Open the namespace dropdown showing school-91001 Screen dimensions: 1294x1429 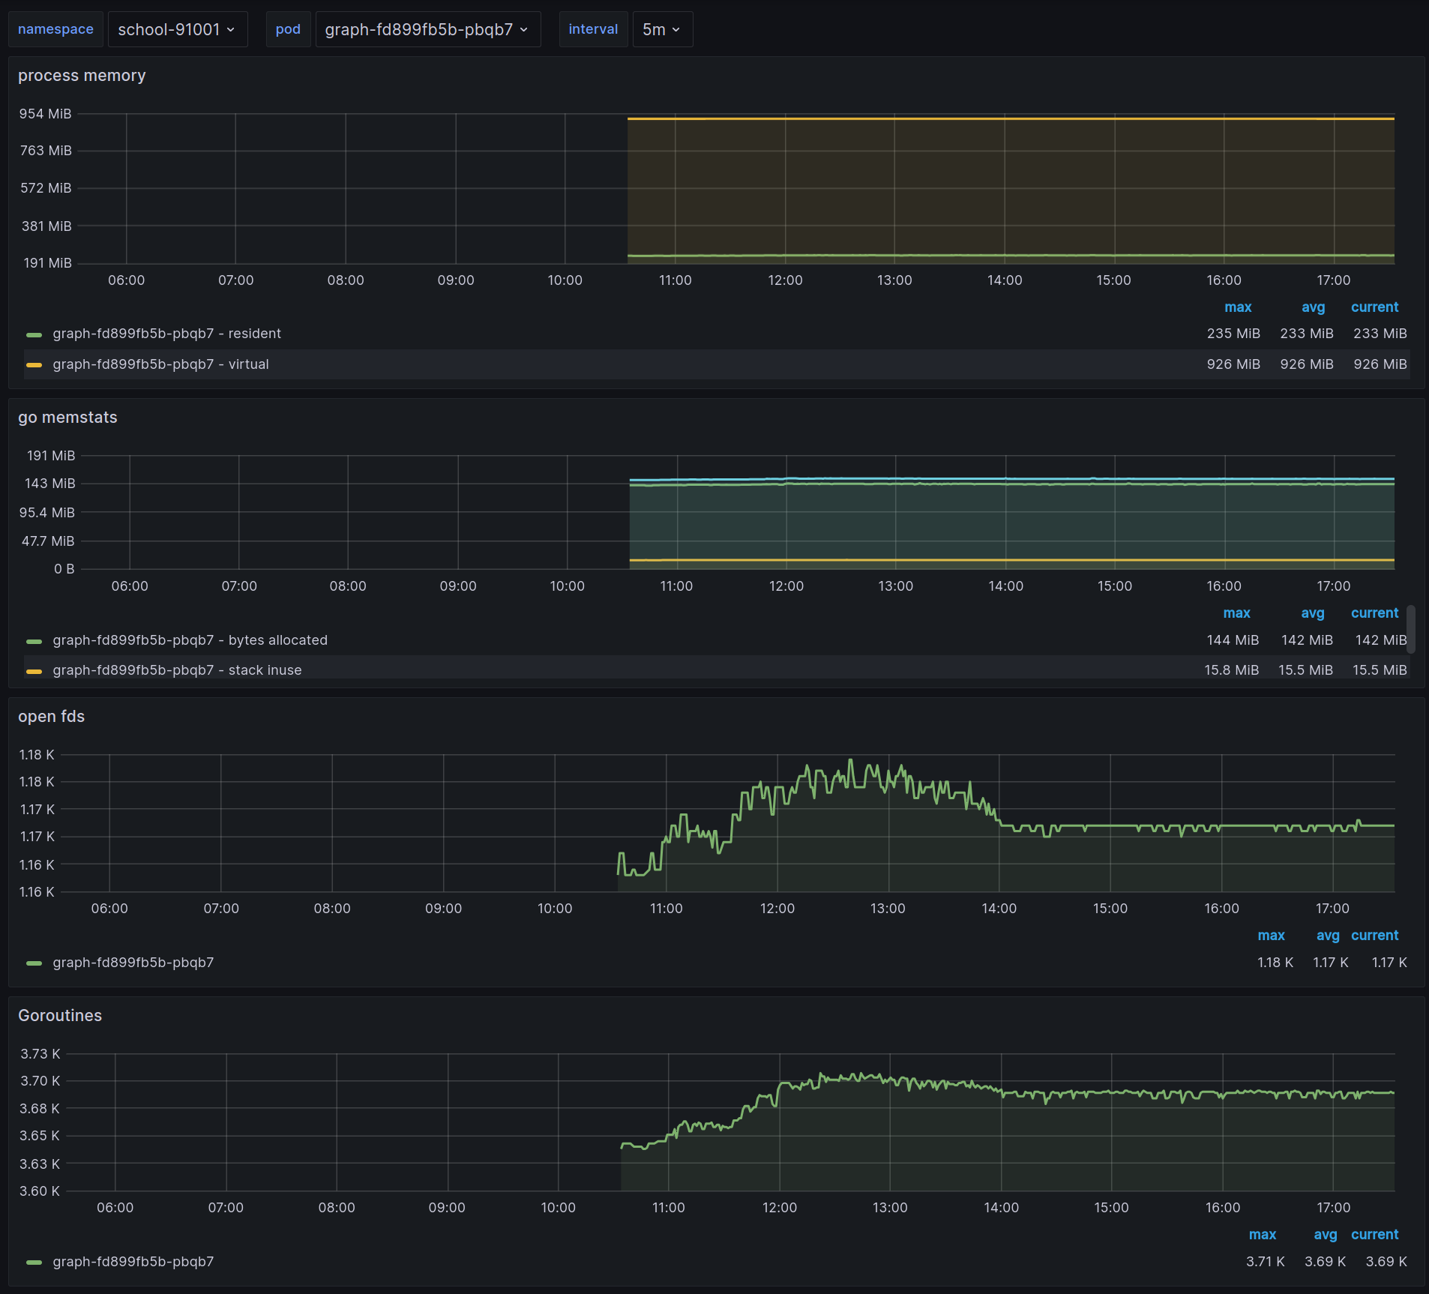[x=177, y=29]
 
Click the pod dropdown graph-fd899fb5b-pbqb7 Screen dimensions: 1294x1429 [x=427, y=29]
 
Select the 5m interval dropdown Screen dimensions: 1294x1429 [x=662, y=29]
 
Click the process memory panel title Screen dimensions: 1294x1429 [x=82, y=76]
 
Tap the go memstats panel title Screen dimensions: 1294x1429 [x=67, y=418]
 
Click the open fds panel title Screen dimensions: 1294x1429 [x=51, y=717]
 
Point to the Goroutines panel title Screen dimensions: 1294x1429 [x=60, y=1016]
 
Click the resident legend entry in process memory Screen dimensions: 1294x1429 [x=166, y=334]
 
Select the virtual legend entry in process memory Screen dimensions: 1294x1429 [x=160, y=364]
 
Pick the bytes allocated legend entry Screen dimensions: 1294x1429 [x=190, y=640]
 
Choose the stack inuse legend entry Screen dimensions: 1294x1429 [x=177, y=670]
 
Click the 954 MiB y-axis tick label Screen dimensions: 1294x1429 [x=45, y=114]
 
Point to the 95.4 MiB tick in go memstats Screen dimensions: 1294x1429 [x=47, y=513]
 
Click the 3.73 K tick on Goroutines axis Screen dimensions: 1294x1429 [x=40, y=1054]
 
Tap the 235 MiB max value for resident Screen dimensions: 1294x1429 [x=1233, y=334]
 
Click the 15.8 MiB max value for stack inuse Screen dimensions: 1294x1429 [x=1231, y=670]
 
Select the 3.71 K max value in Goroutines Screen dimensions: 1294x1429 [x=1265, y=1262]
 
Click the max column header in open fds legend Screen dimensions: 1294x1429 [x=1271, y=936]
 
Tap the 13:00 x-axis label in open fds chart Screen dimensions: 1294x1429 [x=888, y=909]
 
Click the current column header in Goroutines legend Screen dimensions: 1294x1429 [x=1374, y=1235]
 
